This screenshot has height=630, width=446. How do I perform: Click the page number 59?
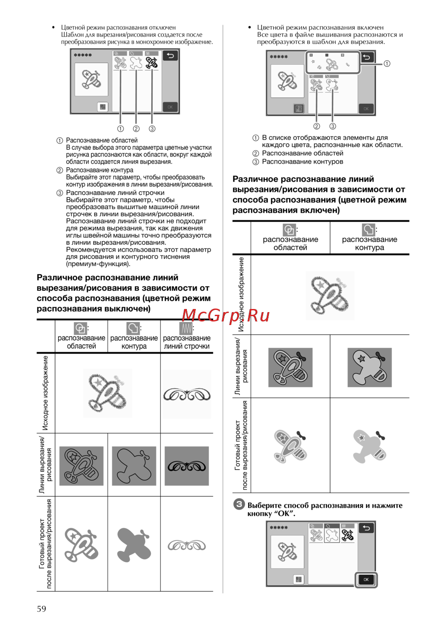(41, 609)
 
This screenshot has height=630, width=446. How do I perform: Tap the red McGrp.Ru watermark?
(226, 315)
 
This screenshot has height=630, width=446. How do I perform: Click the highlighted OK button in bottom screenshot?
(366, 580)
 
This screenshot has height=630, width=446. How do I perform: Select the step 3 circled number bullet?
(239, 504)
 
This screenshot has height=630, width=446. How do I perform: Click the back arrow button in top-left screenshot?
(170, 56)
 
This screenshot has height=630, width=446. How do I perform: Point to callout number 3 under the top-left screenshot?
(152, 129)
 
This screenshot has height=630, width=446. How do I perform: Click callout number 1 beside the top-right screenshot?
(387, 64)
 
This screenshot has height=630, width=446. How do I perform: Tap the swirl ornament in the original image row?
(186, 395)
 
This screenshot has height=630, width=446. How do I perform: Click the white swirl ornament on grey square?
(186, 466)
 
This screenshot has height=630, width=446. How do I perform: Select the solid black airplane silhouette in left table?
(134, 466)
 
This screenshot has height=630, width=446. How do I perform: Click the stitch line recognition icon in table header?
(186, 329)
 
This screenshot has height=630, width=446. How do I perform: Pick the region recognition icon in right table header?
(289, 230)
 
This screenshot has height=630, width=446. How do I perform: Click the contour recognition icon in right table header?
(368, 230)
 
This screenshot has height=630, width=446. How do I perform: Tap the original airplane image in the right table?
(330, 295)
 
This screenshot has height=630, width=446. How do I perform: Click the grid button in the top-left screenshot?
(103, 107)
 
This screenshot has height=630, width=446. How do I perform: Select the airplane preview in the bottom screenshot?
(287, 552)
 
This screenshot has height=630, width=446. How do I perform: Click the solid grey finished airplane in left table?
(134, 544)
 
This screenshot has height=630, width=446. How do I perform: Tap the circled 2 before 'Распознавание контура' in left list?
(60, 170)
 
